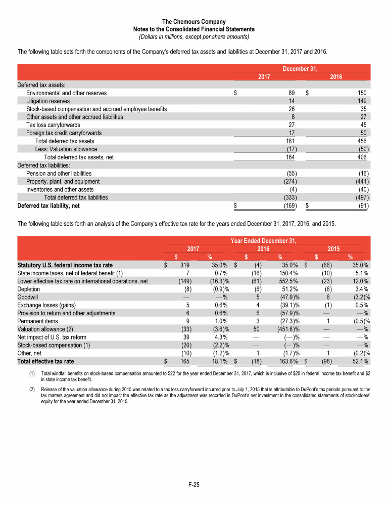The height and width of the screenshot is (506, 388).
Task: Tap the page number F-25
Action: [194, 485]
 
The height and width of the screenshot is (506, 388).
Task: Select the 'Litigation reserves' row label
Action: [48, 101]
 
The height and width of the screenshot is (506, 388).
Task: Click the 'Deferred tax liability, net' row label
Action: [48, 206]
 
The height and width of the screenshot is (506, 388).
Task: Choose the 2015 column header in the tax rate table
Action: [333, 249]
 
